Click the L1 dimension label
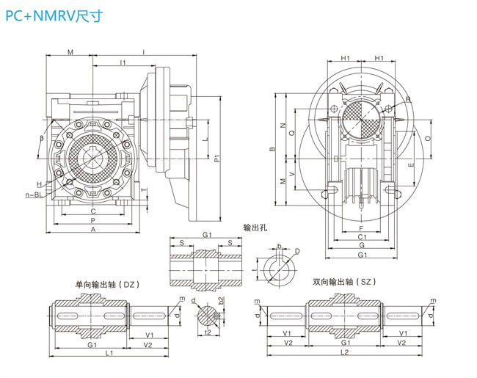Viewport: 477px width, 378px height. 108,354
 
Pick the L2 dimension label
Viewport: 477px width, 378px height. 343,354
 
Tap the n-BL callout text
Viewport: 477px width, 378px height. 33,195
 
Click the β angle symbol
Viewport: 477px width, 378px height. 42,137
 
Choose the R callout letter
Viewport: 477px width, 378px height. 408,99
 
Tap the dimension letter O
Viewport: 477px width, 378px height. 428,137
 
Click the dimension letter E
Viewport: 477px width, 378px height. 412,166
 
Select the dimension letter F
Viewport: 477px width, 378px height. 361,229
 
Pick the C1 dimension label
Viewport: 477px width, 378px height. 362,238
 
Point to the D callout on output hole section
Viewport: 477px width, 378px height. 296,252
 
